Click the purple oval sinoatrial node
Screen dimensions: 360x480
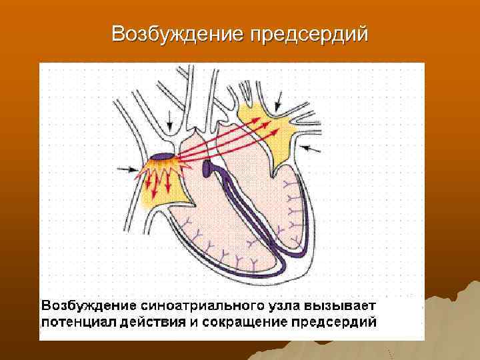[x=161, y=157]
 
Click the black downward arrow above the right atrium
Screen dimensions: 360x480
[x=170, y=121]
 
